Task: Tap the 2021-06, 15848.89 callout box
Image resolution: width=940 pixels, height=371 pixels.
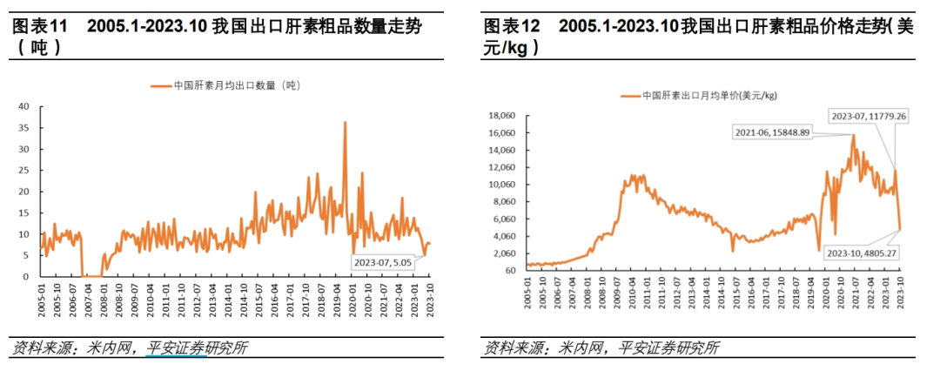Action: (771, 132)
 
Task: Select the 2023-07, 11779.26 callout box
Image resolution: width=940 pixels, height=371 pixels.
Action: (867, 116)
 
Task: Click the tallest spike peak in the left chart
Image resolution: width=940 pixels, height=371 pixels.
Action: (346, 123)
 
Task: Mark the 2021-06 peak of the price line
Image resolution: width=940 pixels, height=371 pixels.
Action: (853, 135)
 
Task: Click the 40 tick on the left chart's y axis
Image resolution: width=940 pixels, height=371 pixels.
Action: (24, 106)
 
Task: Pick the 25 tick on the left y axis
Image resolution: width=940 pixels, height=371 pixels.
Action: (24, 171)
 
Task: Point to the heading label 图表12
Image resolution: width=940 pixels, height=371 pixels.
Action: (511, 27)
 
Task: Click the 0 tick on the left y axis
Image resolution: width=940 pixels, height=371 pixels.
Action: (27, 277)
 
